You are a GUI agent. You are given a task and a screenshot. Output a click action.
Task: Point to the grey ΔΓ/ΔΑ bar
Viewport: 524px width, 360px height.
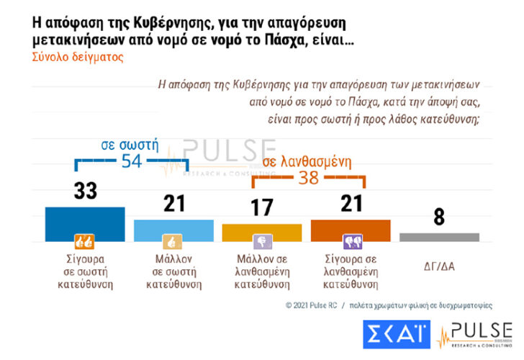[x=439, y=236]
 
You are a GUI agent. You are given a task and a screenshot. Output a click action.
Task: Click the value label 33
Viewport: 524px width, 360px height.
[x=85, y=192]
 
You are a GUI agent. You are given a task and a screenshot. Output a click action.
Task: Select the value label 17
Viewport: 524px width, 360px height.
[x=262, y=208]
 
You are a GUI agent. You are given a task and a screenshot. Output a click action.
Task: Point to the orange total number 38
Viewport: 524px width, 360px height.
[x=308, y=177]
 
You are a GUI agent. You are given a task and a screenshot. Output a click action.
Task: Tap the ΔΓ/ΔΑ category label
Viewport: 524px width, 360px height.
[x=439, y=266]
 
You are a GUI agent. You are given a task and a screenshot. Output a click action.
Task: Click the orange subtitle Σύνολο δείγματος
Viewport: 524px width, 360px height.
[x=78, y=57]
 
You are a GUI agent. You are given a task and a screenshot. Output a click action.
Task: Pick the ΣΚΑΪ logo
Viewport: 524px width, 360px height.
[x=397, y=336]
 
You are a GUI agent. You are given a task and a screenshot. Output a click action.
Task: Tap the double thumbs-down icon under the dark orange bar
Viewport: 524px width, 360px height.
[x=351, y=241]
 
